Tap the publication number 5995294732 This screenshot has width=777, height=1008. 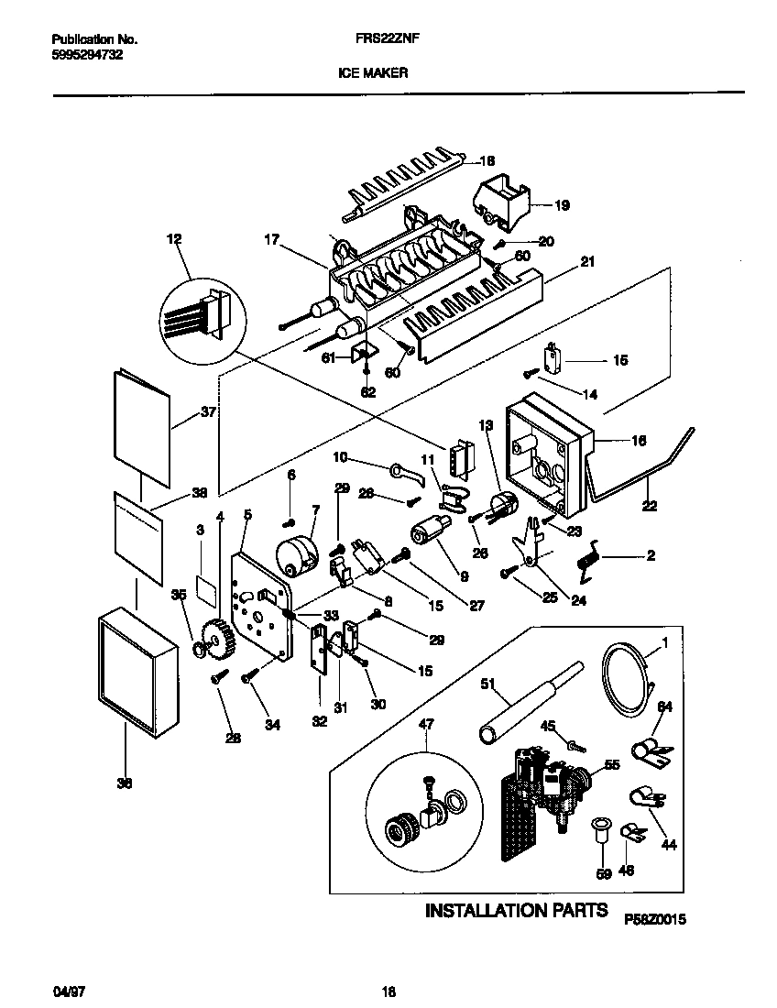[x=83, y=55]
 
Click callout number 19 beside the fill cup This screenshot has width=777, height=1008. [x=562, y=205]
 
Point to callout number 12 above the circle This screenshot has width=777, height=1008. [x=174, y=239]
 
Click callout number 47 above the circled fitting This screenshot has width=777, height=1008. [x=427, y=724]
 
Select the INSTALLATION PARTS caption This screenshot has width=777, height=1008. [x=515, y=911]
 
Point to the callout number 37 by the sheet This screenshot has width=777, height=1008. [x=208, y=413]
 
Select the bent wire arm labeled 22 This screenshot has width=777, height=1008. [x=641, y=477]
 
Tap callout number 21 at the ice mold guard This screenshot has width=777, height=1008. [x=587, y=262]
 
